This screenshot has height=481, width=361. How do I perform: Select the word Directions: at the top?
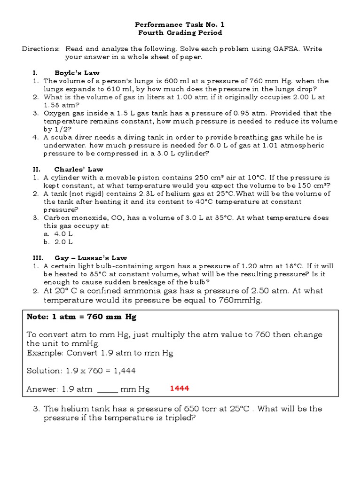[41, 49]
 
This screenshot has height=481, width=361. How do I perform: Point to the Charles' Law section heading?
[78, 169]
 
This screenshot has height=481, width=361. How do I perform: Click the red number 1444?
[179, 388]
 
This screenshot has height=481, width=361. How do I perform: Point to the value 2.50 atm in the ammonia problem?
[258, 291]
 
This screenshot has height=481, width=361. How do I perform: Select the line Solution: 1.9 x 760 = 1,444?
[81, 371]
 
